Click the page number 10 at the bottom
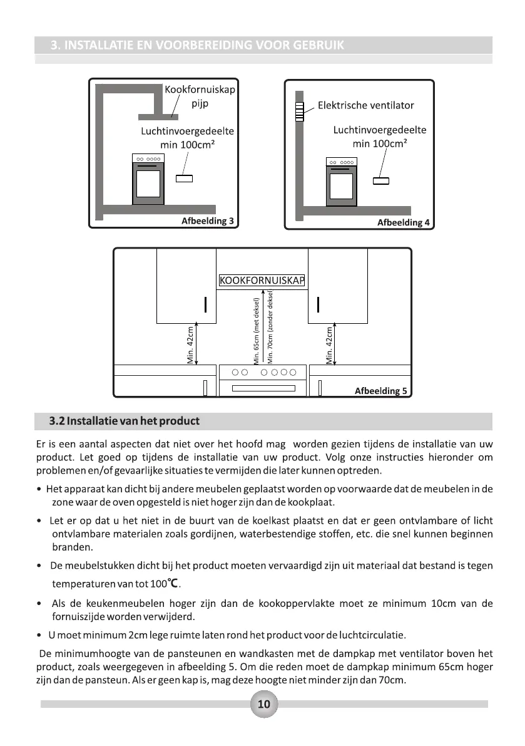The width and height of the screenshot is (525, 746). coord(263,704)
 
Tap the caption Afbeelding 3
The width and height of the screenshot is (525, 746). coord(207,220)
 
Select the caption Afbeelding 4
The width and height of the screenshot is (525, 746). coord(403,222)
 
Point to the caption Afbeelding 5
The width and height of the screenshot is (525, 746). coord(380,391)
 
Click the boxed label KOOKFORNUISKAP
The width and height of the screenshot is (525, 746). coord(262,280)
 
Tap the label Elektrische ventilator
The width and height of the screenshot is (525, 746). coord(365,105)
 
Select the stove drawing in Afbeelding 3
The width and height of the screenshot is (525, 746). coord(148,179)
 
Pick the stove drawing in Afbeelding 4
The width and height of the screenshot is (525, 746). coord(341,182)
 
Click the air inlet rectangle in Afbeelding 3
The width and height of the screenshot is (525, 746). coord(184,179)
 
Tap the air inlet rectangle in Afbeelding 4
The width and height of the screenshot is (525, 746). coord(380,182)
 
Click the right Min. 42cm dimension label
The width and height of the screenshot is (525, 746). coord(329,345)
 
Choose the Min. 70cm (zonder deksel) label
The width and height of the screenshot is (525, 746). coord(270,326)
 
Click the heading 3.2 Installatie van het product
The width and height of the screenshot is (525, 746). coord(125,420)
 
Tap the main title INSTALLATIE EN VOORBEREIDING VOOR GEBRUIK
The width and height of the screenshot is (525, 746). coord(197,45)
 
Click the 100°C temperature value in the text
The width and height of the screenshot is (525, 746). coord(165,584)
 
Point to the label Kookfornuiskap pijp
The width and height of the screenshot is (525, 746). coord(200,96)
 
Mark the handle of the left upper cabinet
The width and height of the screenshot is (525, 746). coord(205,304)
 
